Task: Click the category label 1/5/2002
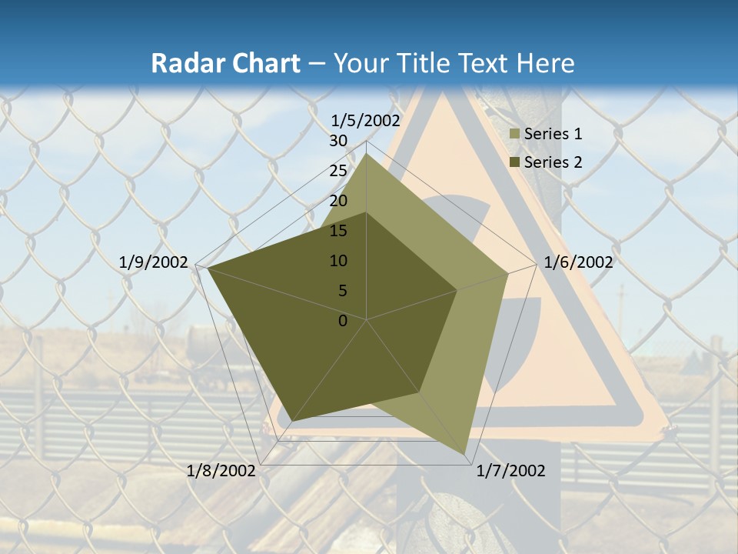[366, 120]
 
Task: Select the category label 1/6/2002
[578, 262]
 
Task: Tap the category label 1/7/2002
[510, 471]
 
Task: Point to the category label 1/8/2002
[221, 471]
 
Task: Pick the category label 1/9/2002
[154, 262]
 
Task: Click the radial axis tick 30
[338, 141]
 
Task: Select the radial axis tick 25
[338, 171]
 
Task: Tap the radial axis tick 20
[338, 201]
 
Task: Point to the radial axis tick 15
[338, 231]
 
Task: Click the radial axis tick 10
[338, 261]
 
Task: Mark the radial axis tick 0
[343, 321]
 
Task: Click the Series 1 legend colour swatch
[515, 134]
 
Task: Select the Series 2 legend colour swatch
[515, 162]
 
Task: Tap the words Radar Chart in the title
[225, 64]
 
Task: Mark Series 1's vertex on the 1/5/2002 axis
[367, 155]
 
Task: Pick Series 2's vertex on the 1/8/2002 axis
[292, 422]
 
